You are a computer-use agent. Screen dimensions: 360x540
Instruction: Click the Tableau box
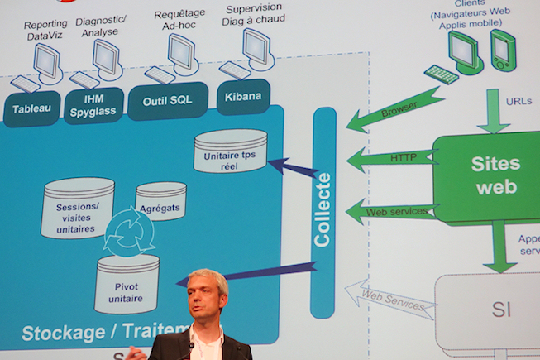point(31,108)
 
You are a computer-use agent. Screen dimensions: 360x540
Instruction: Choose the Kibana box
point(243,97)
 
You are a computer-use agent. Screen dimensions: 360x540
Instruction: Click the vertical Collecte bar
point(323,211)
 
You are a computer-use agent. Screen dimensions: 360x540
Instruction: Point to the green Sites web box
point(494,175)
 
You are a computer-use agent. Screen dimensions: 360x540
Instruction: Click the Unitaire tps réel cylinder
point(231,151)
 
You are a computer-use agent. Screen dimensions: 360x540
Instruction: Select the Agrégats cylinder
point(160,200)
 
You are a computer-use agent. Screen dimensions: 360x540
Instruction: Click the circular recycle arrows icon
point(128,233)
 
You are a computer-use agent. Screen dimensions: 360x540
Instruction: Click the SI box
point(500,310)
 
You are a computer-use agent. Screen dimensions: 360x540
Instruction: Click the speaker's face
point(208,300)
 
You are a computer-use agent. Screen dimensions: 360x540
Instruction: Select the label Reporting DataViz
point(45,31)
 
